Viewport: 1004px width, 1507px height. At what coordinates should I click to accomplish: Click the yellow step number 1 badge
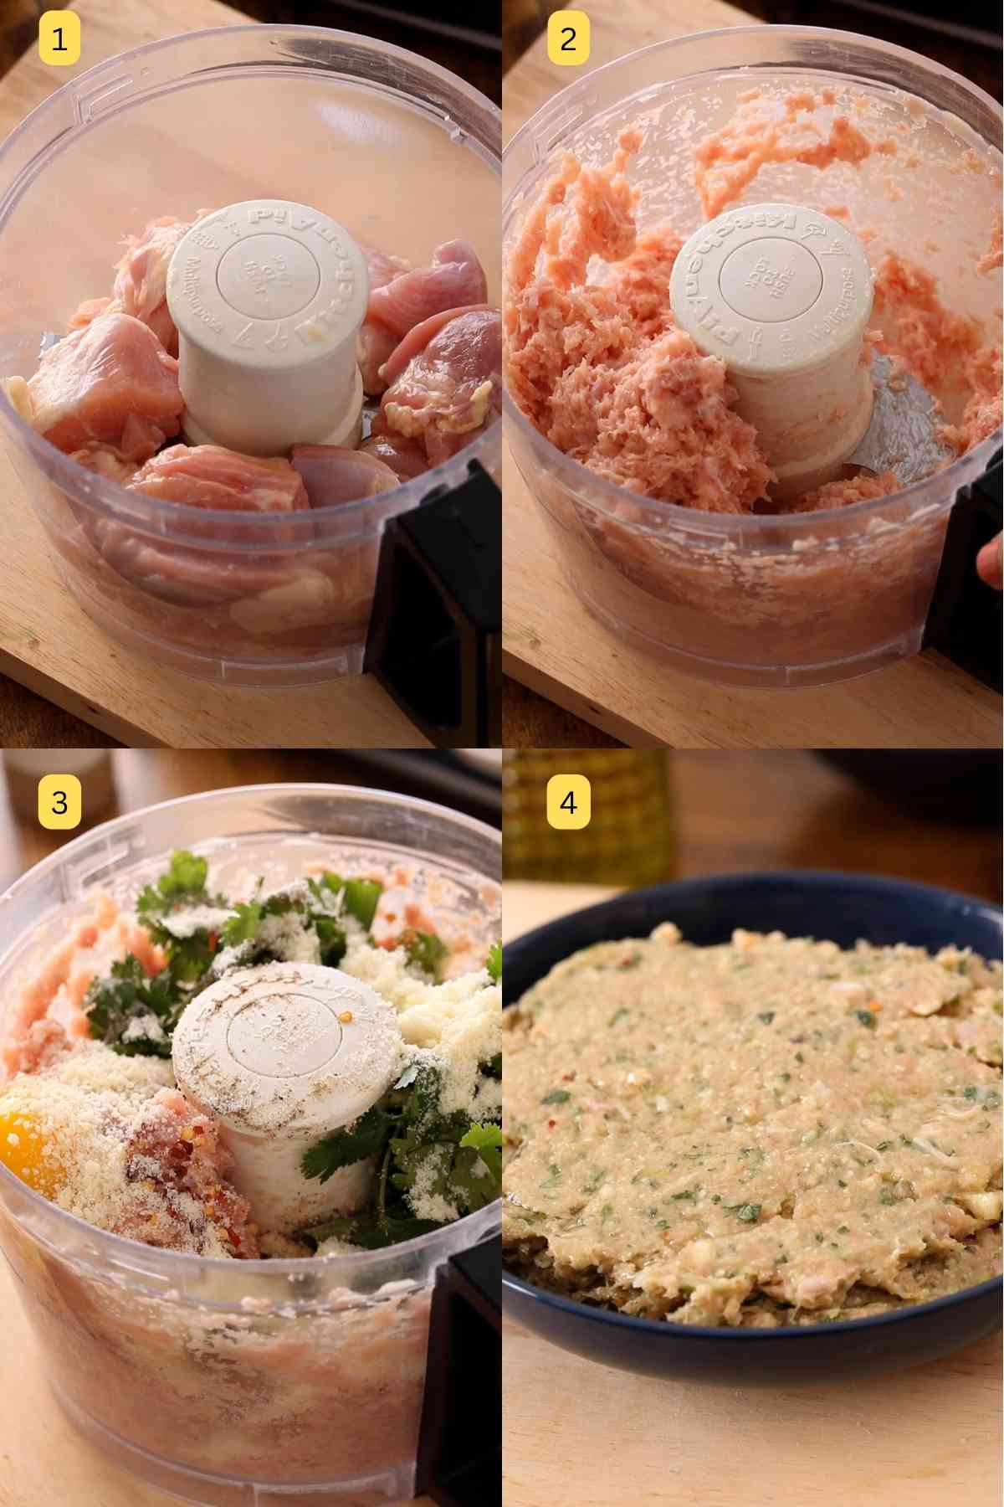pos(59,39)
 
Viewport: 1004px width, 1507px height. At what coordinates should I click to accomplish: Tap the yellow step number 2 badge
pos(568,39)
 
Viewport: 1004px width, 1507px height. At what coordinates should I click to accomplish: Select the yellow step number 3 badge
pos(59,803)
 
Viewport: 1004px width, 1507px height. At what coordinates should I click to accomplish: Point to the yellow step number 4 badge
pos(568,803)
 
